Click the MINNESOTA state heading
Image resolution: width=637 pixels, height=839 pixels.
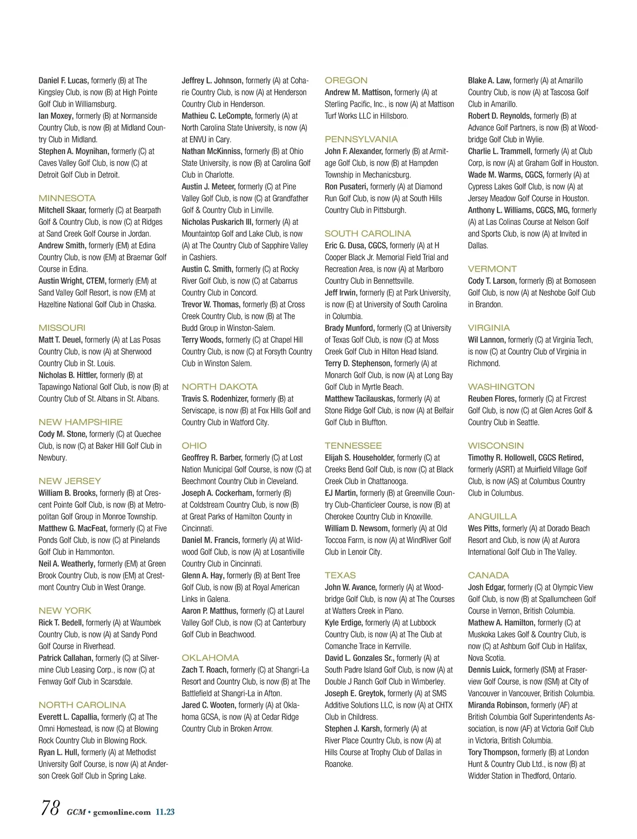coord(67,198)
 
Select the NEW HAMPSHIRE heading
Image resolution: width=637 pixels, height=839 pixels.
coord(80,422)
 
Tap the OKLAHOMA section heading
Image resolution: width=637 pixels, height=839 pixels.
coord(210,658)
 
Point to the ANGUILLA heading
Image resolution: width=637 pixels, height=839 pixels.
coord(492,517)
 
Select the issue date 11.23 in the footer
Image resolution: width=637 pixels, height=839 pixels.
coord(165,812)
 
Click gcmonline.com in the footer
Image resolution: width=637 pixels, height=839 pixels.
coord(122,812)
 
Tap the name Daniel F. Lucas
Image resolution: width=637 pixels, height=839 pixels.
coord(63,81)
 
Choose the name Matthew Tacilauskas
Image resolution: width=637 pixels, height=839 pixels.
coord(359,399)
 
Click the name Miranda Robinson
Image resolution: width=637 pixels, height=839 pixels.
coord(497,705)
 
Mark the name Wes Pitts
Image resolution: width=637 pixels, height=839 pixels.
coord(483,528)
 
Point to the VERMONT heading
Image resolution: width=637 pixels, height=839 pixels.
coord(492,269)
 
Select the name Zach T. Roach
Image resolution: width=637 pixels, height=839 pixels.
coord(204,670)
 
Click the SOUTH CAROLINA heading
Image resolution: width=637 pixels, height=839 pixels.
coord(367,234)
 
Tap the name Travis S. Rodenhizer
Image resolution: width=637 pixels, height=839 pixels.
coord(214,399)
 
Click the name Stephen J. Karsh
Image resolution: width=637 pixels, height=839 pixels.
coord(353,729)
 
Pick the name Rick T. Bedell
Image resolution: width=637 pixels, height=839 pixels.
coord(61,623)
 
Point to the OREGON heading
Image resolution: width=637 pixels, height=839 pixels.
coord(346,81)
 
